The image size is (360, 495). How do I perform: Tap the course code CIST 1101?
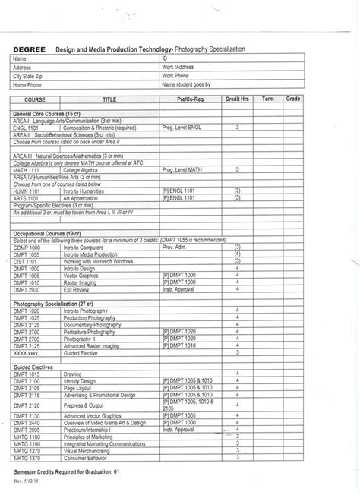point(27,261)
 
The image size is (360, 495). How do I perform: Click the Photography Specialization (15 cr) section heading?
point(52,304)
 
